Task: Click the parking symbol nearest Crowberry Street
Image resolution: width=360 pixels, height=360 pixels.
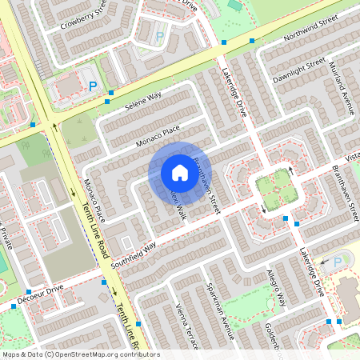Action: tap(159, 37)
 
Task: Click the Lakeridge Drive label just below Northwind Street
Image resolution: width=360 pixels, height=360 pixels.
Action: tap(233, 89)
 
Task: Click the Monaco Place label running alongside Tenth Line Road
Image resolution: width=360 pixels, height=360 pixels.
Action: tap(94, 201)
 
